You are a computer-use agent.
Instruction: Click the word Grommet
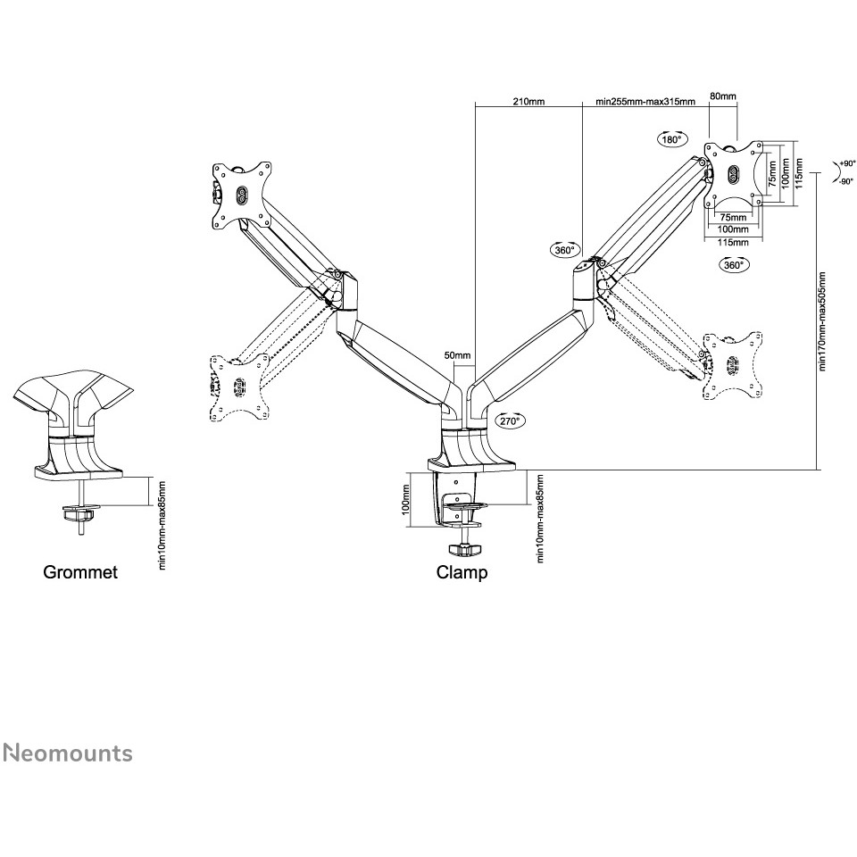click(80, 572)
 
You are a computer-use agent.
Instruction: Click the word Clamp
click(462, 573)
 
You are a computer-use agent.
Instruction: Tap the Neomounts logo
click(68, 753)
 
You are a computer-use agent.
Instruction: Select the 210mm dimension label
click(528, 101)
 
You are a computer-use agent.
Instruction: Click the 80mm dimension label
click(722, 96)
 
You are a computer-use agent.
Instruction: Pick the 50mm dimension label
click(457, 355)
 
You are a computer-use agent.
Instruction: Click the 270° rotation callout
click(510, 420)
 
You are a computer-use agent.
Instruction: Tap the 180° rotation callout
click(671, 139)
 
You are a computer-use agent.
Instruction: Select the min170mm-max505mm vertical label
click(822, 321)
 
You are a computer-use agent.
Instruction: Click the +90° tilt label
click(848, 163)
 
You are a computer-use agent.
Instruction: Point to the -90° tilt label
click(846, 182)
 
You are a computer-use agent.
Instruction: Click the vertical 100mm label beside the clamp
click(405, 499)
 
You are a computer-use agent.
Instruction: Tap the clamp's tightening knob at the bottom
click(464, 549)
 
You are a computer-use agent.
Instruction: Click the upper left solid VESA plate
click(241, 196)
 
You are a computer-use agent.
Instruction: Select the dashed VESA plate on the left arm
click(239, 387)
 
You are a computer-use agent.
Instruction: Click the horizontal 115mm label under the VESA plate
click(733, 242)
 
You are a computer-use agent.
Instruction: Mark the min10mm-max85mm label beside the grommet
click(162, 525)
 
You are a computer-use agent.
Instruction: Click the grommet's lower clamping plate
click(79, 513)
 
